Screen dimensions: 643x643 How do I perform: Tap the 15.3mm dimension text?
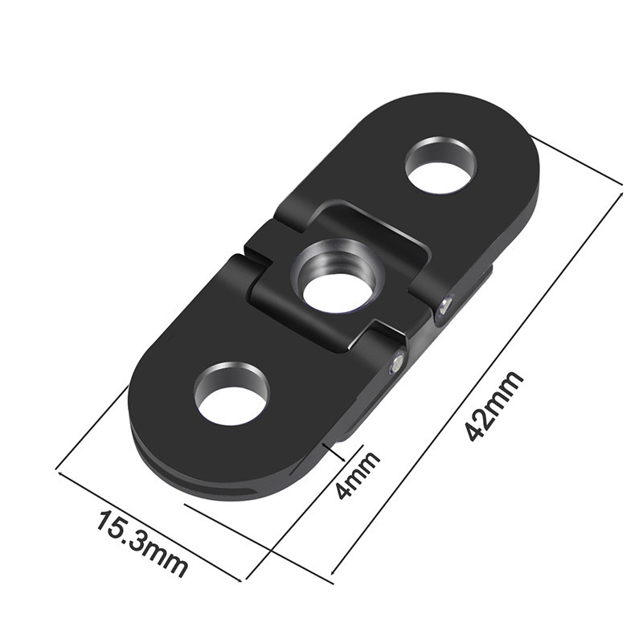pos(142,543)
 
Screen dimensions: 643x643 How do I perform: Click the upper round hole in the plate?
pos(440,166)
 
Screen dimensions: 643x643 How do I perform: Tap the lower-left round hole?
pos(231,393)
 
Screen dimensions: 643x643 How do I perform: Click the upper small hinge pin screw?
pos(446,305)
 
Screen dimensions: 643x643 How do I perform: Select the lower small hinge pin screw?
pos(395,364)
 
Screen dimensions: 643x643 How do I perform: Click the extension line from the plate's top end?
pos(579,165)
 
